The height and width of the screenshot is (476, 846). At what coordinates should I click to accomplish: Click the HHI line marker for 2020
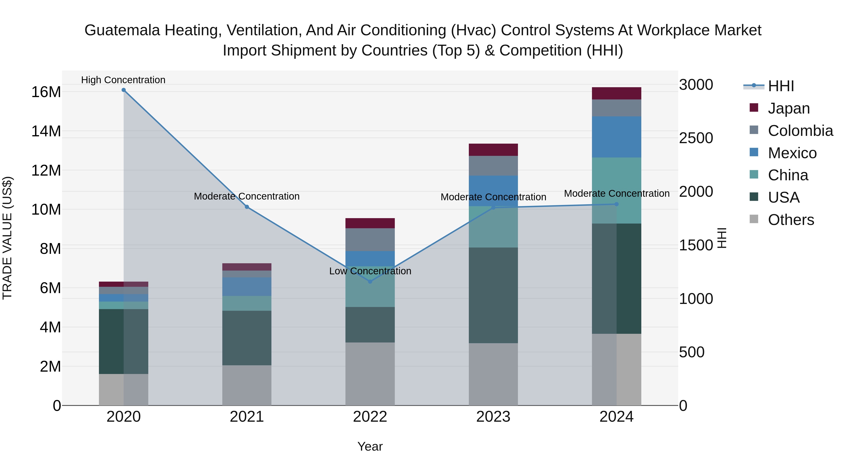(x=123, y=90)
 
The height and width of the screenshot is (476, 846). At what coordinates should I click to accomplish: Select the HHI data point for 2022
(x=370, y=282)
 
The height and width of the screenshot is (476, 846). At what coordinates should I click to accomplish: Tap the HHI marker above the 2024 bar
(x=616, y=204)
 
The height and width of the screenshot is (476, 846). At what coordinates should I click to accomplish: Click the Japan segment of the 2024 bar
(x=616, y=93)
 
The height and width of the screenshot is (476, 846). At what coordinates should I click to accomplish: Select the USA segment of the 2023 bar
(x=493, y=295)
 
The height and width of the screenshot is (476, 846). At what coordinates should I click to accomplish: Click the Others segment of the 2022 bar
(x=370, y=374)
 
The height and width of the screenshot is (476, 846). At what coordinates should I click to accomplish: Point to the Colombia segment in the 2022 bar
(x=370, y=240)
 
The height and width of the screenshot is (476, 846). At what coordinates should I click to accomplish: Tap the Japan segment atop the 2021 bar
(x=247, y=267)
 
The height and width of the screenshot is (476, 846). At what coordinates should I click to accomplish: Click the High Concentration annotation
(x=123, y=80)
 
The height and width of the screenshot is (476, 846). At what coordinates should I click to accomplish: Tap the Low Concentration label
(x=370, y=271)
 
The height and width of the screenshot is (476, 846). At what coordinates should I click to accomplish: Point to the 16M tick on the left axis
(x=46, y=92)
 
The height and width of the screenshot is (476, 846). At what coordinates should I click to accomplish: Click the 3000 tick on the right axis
(x=696, y=85)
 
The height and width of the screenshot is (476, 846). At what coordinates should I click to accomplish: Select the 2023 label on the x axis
(x=493, y=417)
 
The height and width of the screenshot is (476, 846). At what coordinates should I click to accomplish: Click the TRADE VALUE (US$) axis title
(x=7, y=238)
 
